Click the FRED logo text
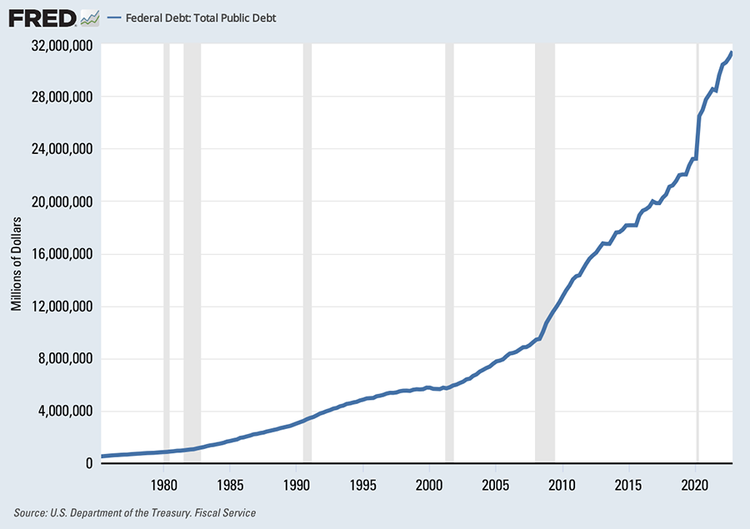pyautogui.click(x=41, y=17)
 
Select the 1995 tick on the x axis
pyautogui.click(x=362, y=482)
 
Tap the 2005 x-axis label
pyautogui.click(x=496, y=482)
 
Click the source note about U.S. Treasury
pyautogui.click(x=134, y=513)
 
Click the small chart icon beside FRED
pyautogui.click(x=90, y=17)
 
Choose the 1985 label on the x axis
pyautogui.click(x=230, y=482)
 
